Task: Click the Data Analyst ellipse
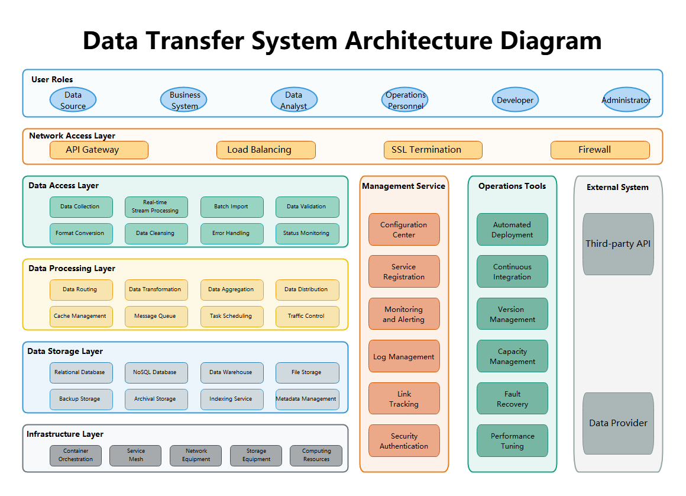pos(294,100)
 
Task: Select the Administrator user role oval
pos(626,100)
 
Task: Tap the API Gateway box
pos(99,150)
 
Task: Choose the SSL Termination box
pos(433,150)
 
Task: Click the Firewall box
pos(600,150)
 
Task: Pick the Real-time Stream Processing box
pos(156,207)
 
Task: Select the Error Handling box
pos(231,233)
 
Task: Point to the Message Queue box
pos(156,316)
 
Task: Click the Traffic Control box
pos(307,316)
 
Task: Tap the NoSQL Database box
pos(156,372)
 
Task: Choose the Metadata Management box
pos(307,399)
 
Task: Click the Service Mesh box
pos(136,455)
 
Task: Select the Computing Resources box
pos(316,455)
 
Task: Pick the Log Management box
pos(404,356)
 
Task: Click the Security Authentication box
pos(404,441)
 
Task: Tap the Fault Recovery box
pos(512,398)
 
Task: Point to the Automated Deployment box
pos(512,230)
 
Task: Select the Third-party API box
pos(618,244)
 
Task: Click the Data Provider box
pos(618,423)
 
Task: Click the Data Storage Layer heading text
pos(65,351)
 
